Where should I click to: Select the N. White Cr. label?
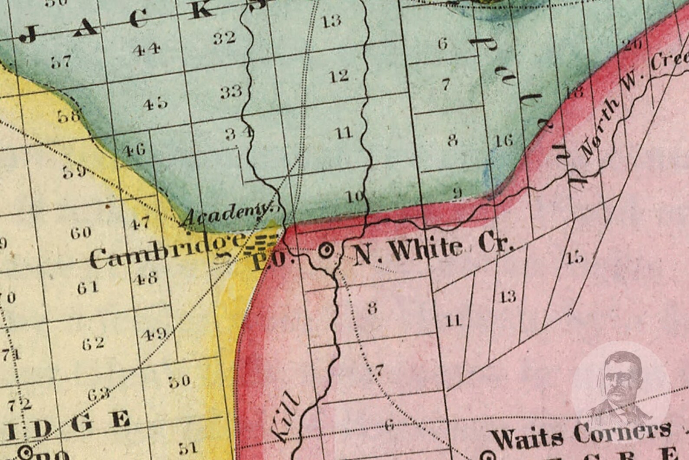click(x=434, y=249)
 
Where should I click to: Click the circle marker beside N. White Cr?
click(x=326, y=250)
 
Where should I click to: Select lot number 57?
click(x=61, y=62)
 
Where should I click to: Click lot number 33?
click(x=230, y=92)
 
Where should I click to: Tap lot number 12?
click(x=339, y=76)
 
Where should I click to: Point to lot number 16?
click(x=504, y=140)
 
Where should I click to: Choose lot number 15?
click(x=575, y=258)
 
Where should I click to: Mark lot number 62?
click(x=93, y=343)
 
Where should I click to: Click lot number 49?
click(x=154, y=334)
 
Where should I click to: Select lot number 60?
click(x=81, y=233)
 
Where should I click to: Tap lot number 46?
click(x=134, y=151)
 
